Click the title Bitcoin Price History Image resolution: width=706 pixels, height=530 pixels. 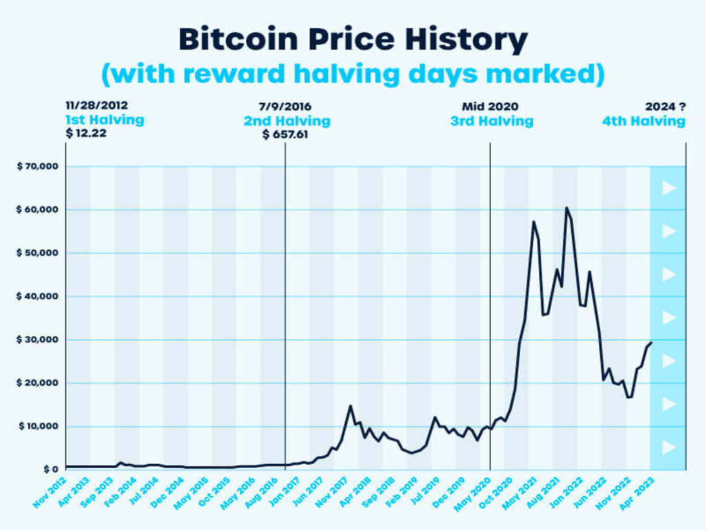[352, 40]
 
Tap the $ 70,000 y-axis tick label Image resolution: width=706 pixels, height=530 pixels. [37, 166]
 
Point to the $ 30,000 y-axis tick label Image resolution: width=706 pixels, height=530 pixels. [37, 340]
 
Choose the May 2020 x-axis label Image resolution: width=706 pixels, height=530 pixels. [472, 491]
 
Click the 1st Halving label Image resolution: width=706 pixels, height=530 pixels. [105, 120]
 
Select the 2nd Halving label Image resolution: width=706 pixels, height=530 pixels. [286, 121]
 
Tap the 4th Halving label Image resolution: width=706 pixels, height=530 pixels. [643, 121]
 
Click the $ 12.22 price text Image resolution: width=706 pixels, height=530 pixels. [86, 133]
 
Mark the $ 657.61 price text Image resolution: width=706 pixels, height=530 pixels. [285, 134]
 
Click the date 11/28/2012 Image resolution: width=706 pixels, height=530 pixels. [97, 106]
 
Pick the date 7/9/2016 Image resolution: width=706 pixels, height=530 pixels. [285, 106]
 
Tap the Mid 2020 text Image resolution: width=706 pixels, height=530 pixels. [490, 106]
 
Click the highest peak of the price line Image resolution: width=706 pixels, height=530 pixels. [566, 208]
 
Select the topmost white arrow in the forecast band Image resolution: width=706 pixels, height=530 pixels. [668, 188]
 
